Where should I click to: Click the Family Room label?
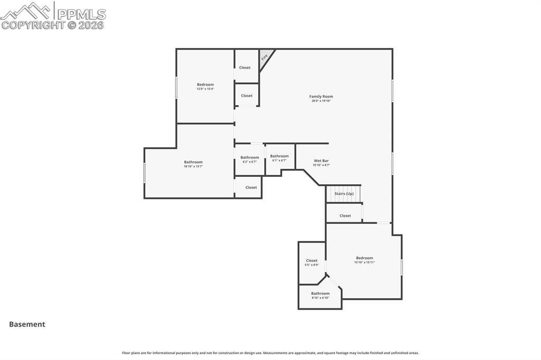[321, 97]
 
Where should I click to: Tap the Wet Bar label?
[321, 160]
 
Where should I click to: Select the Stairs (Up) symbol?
[343, 194]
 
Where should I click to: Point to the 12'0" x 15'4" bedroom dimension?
[205, 89]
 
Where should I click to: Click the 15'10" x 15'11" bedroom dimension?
[364, 262]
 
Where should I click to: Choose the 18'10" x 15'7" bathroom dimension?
[193, 167]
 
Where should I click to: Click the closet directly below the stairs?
[345, 215]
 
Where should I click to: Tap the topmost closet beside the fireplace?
[245, 68]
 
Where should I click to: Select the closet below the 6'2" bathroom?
[251, 187]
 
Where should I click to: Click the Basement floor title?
[27, 325]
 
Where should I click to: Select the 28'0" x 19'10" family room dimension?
[321, 101]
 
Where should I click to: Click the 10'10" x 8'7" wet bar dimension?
[321, 165]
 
